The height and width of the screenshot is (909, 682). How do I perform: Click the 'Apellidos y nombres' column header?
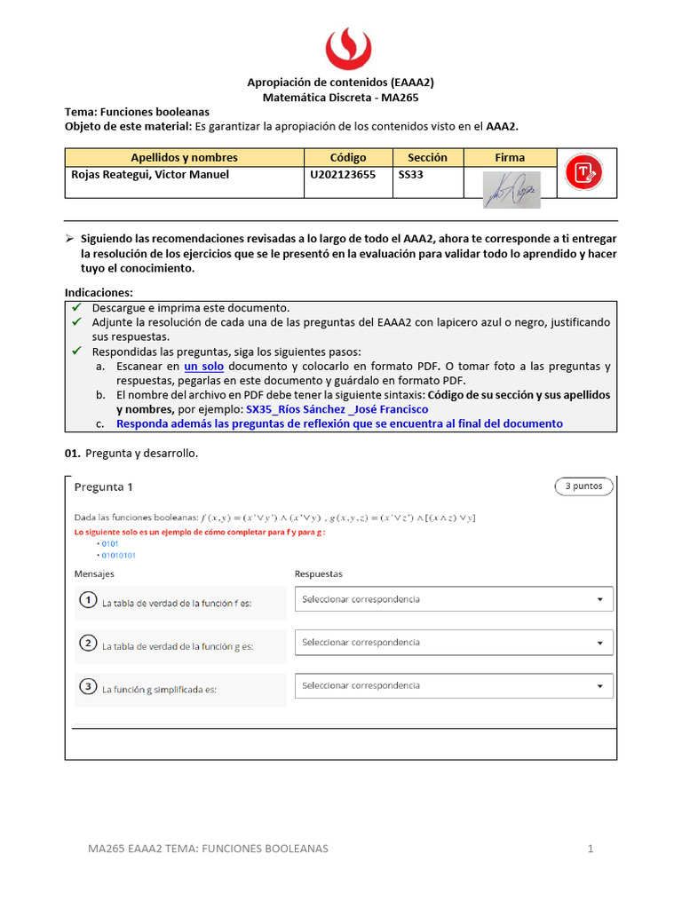(x=184, y=157)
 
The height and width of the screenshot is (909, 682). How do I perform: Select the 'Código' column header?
(x=348, y=157)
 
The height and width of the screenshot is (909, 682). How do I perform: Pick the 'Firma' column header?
(x=510, y=157)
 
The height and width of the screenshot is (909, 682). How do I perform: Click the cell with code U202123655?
(x=343, y=175)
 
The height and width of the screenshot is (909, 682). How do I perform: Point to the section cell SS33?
(x=411, y=175)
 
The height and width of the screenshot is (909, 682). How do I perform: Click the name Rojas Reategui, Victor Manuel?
(x=150, y=175)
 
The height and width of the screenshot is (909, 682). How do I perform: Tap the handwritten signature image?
(x=511, y=188)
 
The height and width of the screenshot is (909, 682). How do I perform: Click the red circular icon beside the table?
(x=583, y=171)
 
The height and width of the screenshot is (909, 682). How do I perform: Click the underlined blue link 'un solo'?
(x=203, y=367)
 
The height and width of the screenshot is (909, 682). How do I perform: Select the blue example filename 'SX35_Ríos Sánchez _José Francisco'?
(x=337, y=409)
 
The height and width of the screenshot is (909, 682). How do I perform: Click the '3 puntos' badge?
(x=583, y=486)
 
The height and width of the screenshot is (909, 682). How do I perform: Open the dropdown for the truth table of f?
(x=454, y=599)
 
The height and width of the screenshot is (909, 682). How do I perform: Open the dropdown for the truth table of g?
(x=454, y=642)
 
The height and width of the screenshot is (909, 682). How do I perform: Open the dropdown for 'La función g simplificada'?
(x=454, y=685)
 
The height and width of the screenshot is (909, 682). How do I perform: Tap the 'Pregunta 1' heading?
(x=103, y=486)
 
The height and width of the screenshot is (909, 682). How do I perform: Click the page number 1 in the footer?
(x=590, y=849)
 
